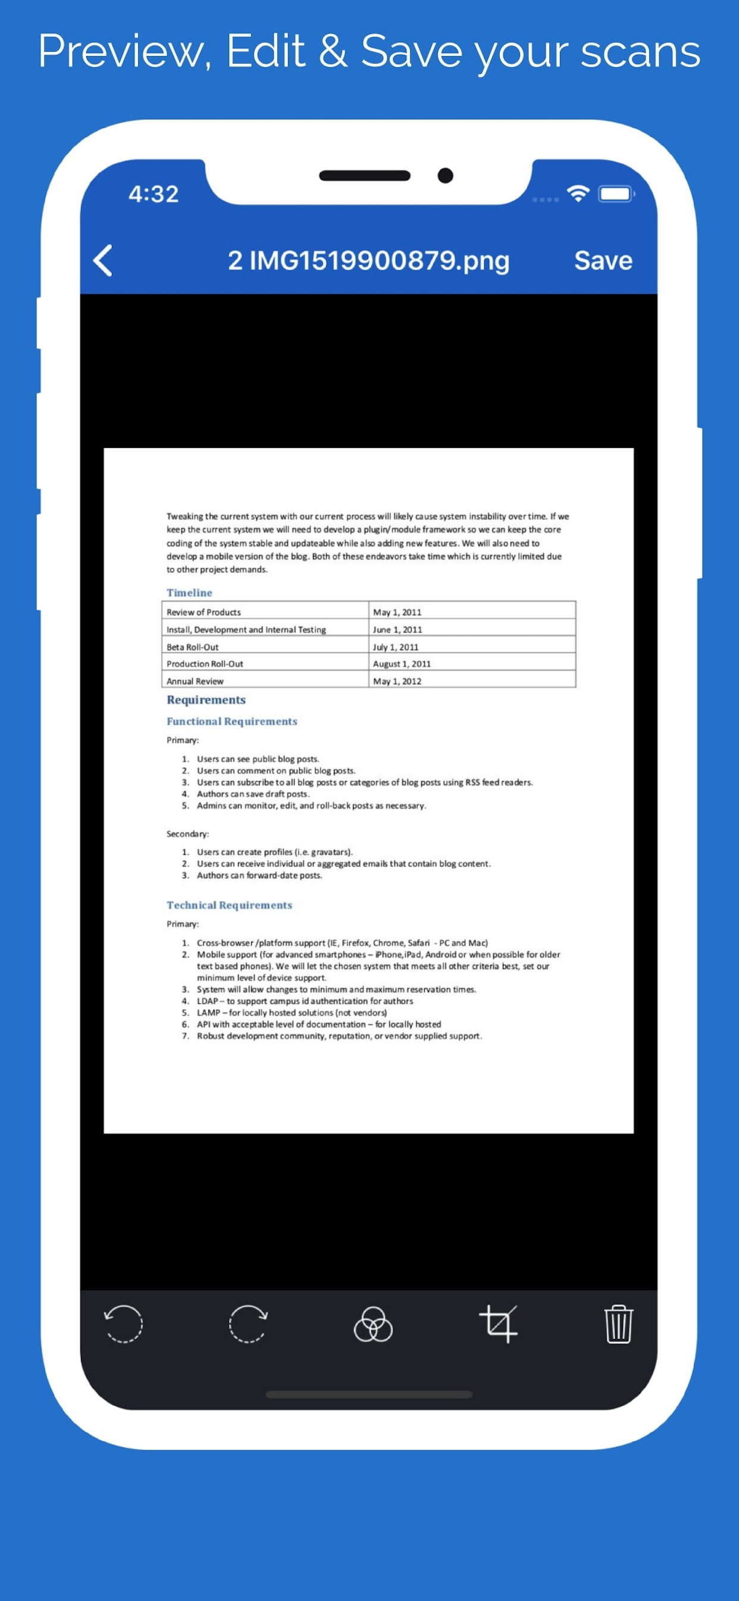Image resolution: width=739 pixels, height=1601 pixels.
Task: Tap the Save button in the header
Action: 602,260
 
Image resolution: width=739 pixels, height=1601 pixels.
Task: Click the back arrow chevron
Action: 104,260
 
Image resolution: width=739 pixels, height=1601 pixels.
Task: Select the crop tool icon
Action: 498,1323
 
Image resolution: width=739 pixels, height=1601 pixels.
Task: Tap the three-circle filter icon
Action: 372,1325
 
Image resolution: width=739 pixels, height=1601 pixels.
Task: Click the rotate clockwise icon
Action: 248,1323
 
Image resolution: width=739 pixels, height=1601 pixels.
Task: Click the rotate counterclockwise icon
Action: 124,1323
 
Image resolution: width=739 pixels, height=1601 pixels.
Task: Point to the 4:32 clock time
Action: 154,194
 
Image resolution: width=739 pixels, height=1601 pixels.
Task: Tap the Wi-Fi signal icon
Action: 578,194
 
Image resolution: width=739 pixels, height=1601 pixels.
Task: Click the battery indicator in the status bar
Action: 615,194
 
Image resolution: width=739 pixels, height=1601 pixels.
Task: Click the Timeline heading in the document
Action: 189,592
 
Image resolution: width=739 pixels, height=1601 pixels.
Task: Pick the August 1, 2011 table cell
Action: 401,664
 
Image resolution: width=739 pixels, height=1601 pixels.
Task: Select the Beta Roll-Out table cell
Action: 193,647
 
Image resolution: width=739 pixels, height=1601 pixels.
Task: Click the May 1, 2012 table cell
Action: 397,681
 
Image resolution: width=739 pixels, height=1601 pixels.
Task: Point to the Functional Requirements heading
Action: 231,721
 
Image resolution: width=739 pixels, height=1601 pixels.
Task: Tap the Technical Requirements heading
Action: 229,905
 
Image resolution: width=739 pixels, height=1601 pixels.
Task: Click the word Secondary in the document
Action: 187,833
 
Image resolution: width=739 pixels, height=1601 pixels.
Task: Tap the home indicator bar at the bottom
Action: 369,1394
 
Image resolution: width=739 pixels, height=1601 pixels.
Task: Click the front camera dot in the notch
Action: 445,176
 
